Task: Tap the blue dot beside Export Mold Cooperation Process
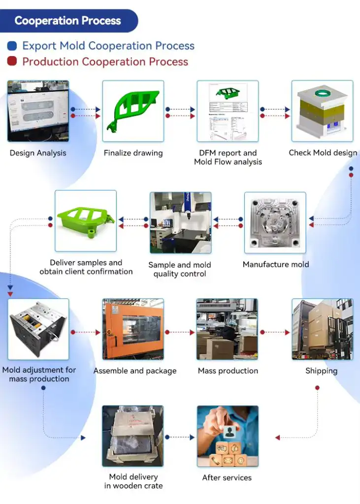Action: click(12, 46)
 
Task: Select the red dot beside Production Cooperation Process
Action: click(12, 62)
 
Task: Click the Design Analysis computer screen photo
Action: click(38, 111)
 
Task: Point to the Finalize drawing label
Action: click(133, 153)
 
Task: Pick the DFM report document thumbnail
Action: click(228, 111)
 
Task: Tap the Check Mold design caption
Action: click(323, 153)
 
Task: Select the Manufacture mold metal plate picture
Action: click(275, 223)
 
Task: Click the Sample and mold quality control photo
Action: click(180, 222)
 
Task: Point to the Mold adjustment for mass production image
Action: click(38, 329)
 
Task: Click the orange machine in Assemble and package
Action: click(133, 329)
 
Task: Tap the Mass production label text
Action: click(228, 371)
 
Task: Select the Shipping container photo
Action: click(323, 329)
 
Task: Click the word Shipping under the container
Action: click(321, 371)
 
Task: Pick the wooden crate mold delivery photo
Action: click(133, 436)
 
